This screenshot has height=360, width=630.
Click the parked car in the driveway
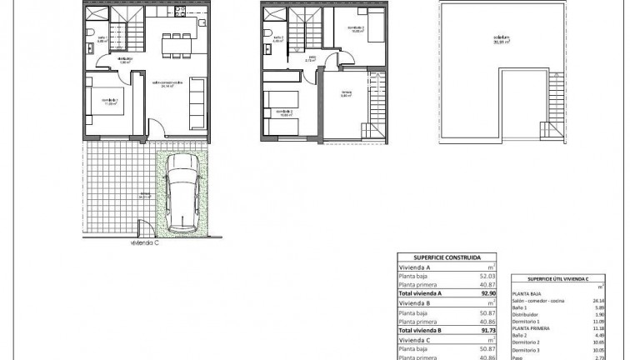[x=181, y=195]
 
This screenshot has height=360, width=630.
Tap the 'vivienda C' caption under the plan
[x=146, y=244]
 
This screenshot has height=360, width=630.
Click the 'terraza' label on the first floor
[x=346, y=93]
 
